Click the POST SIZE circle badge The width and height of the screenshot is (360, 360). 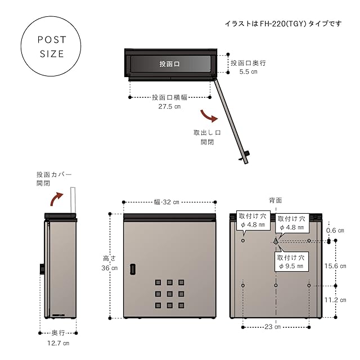click(51, 47)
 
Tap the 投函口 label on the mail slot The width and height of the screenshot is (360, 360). click(169, 65)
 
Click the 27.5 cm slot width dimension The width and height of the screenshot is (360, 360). click(169, 106)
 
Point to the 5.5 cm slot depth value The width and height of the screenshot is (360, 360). click(249, 72)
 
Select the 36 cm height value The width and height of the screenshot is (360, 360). click(110, 268)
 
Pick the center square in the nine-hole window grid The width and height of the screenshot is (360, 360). click(169, 294)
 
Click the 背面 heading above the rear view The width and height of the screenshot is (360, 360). click(275, 200)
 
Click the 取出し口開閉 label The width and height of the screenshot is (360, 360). click(207, 138)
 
